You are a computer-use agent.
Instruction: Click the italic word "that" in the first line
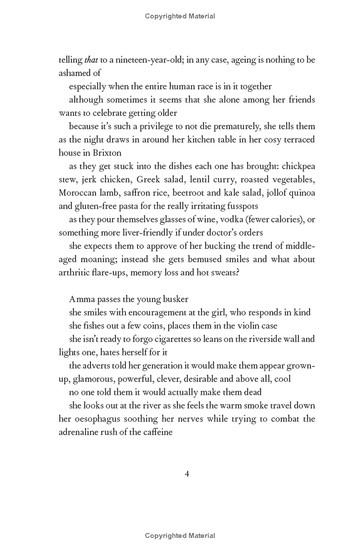pyautogui.click(x=91, y=60)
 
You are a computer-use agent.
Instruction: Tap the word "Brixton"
pyautogui.click(x=105, y=152)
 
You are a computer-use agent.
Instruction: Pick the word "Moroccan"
pyautogui.click(x=77, y=193)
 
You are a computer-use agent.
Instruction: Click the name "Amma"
pyautogui.click(x=81, y=299)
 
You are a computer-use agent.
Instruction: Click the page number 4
pyautogui.click(x=187, y=473)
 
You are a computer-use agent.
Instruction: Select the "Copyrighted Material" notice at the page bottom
pyautogui.click(x=180, y=535)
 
